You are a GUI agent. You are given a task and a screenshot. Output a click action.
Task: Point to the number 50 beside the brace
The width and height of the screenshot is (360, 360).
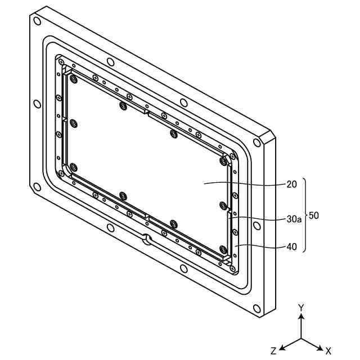tap(314, 215)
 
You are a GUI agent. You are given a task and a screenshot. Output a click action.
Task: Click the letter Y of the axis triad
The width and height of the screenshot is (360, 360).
tap(301, 307)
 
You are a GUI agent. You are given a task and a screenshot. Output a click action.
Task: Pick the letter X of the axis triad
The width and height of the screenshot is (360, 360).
tap(328, 350)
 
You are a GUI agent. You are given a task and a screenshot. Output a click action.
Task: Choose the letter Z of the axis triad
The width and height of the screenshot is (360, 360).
tap(273, 350)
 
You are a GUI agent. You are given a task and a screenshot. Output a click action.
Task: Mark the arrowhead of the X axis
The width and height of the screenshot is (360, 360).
tap(320, 346)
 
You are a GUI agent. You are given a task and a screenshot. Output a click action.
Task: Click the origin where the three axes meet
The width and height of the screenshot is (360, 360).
tap(301, 339)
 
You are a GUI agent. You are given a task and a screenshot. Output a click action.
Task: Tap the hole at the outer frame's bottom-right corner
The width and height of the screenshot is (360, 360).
tap(257, 308)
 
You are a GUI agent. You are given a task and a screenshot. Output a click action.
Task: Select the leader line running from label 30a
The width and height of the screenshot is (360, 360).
tap(259, 218)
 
